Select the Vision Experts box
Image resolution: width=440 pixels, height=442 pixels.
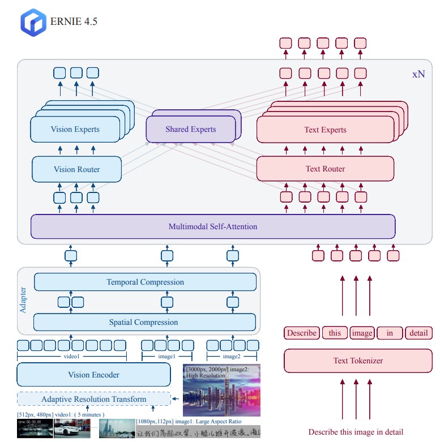tap(75, 130)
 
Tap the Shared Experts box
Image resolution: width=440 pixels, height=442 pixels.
tap(190, 130)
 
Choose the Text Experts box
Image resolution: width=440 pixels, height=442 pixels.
tap(325, 130)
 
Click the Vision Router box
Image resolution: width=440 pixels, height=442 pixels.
tap(76, 169)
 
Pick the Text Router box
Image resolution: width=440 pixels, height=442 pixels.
tap(325, 169)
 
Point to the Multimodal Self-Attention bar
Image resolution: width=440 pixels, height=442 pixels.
tap(212, 226)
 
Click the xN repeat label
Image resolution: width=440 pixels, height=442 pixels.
tap(418, 74)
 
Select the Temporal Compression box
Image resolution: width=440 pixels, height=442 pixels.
tap(145, 282)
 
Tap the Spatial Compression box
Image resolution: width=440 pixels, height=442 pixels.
tap(143, 322)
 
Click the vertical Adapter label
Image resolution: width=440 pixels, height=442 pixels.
tap(23, 301)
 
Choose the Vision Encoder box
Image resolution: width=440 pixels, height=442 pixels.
tap(93, 375)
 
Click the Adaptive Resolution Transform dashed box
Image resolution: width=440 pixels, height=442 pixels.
tap(93, 399)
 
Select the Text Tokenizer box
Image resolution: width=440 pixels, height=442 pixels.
tap(358, 361)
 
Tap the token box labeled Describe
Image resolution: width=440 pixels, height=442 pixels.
tap(301, 333)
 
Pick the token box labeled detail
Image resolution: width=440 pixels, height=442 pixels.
tap(419, 333)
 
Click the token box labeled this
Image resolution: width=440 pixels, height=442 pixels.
tap(335, 333)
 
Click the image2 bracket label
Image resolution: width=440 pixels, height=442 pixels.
tap(231, 357)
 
